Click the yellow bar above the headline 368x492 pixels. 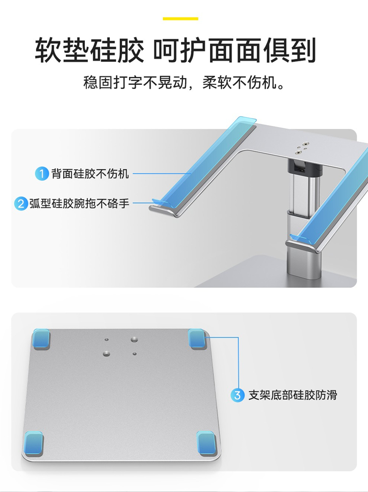pyautogui.click(x=180, y=19)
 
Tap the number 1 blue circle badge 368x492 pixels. pyautogui.click(x=42, y=174)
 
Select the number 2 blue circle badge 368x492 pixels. pyautogui.click(x=21, y=204)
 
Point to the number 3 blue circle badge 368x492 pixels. pyautogui.click(x=237, y=395)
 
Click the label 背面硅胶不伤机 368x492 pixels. pyautogui.click(x=90, y=174)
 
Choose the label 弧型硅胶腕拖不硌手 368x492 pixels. pyautogui.click(x=79, y=204)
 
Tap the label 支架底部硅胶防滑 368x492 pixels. pyautogui.click(x=292, y=395)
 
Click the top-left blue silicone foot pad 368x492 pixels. pyautogui.click(x=41, y=338)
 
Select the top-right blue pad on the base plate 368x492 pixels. pyautogui.click(x=197, y=338)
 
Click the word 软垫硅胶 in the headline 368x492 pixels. pyautogui.click(x=89, y=50)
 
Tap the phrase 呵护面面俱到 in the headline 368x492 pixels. pyautogui.click(x=235, y=50)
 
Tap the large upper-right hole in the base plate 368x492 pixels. pyautogui.click(x=134, y=339)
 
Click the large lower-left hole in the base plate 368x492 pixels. pyautogui.click(x=106, y=354)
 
